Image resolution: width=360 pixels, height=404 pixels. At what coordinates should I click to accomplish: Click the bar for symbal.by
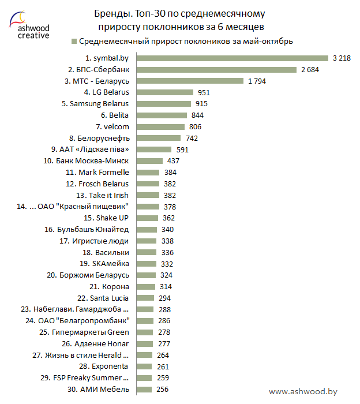coord(232,58)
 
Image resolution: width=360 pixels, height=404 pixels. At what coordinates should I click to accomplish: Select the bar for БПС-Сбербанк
coord(216,69)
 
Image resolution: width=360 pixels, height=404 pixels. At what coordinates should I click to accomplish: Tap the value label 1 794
coord(257,81)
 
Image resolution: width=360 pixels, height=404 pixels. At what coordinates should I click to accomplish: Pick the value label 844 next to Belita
coord(197,115)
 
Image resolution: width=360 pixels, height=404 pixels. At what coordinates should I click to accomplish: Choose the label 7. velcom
coord(112,126)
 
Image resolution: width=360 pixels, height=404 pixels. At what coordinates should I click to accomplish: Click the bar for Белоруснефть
coord(158,138)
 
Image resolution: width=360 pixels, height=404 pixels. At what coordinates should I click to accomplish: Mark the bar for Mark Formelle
coord(148,173)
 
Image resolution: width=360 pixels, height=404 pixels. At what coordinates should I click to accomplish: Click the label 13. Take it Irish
coord(102,195)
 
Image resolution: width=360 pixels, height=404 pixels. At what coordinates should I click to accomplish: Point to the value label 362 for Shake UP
coord(168,218)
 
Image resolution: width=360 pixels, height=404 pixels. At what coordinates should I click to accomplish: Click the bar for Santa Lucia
coord(145,298)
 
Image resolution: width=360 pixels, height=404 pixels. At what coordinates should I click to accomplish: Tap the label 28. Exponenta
coord(104,366)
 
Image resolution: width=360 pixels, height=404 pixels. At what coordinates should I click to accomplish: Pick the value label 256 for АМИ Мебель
coord(162,390)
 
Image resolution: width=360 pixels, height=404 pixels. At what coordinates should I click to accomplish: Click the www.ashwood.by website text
coord(303,391)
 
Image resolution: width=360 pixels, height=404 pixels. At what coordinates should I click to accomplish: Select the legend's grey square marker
coord(73,42)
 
